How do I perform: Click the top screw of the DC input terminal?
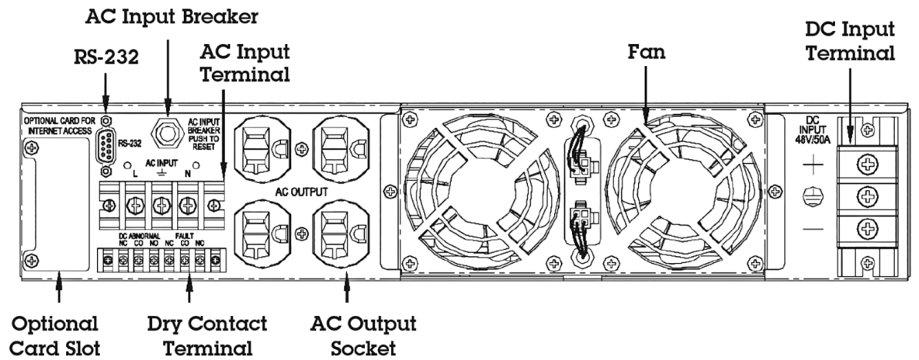(869, 164)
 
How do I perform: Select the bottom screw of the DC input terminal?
(869, 228)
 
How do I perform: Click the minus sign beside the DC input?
(810, 230)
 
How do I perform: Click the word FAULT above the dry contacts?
(184, 236)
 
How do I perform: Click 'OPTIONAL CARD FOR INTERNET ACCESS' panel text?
(58, 126)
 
